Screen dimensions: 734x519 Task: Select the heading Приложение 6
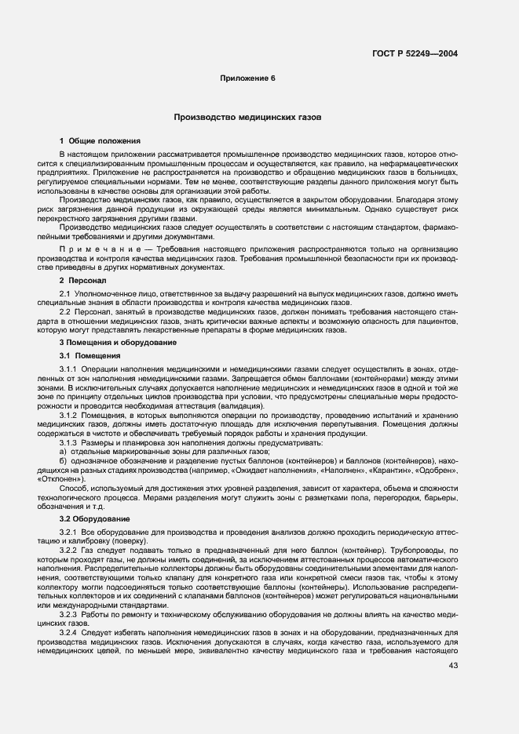coord(247,79)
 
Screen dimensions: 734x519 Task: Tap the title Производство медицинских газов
coord(247,117)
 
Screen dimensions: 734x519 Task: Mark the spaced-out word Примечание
coord(94,247)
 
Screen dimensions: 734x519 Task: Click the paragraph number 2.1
coord(66,293)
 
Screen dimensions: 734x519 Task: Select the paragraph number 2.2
coord(66,312)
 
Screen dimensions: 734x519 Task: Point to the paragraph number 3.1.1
coord(70,369)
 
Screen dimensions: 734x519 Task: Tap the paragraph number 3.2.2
coord(70,551)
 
